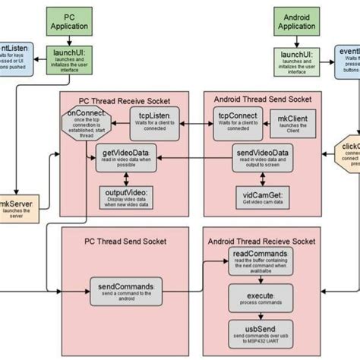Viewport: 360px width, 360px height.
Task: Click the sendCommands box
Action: click(126, 289)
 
